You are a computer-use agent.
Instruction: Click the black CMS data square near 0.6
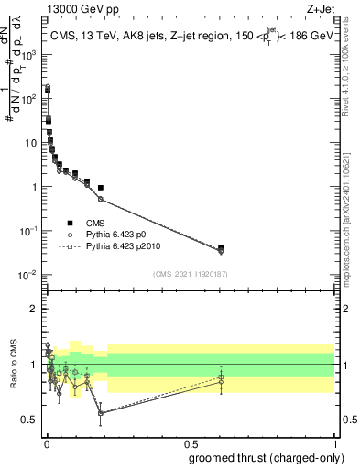[x=221, y=247]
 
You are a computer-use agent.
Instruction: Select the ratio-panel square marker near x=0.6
[x=221, y=376]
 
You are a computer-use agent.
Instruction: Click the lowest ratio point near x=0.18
[x=100, y=413]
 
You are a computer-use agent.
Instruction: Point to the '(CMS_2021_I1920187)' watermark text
[x=189, y=274]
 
